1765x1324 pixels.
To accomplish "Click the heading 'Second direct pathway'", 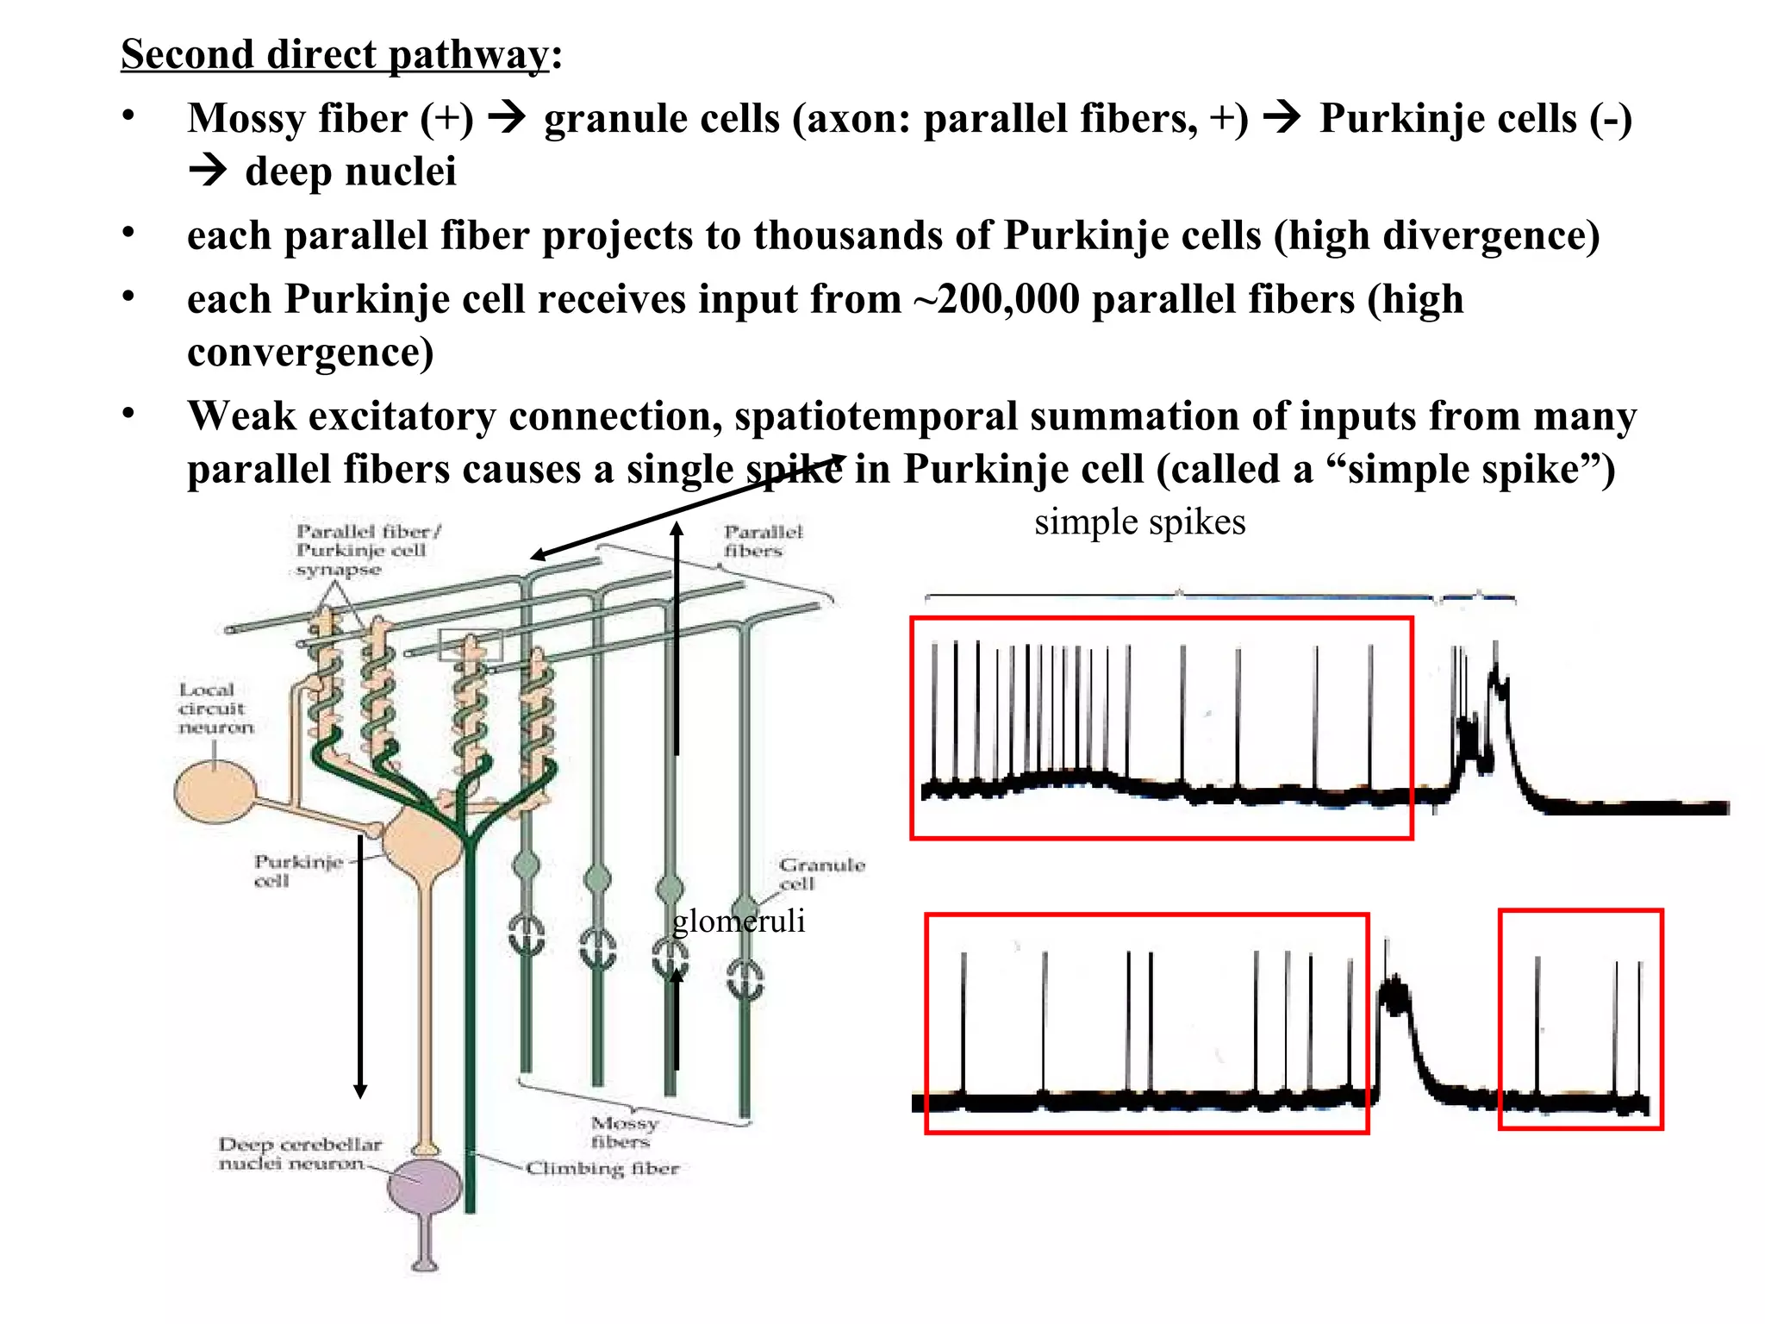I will point(334,54).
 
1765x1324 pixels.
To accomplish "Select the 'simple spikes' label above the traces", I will point(1139,522).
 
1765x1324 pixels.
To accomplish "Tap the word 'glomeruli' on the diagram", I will point(739,921).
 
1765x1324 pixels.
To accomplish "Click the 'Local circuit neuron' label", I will point(215,709).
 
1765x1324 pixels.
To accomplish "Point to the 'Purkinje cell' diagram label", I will point(297,871).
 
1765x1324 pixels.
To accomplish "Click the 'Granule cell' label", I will point(820,873).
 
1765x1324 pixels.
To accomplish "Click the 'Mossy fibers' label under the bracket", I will point(623,1132).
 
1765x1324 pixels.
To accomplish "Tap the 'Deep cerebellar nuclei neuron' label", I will point(299,1153).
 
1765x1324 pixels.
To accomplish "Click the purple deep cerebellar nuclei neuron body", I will point(424,1185).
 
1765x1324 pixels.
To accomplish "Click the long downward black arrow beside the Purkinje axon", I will point(360,965).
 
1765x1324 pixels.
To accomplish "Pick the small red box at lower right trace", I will point(1580,1019).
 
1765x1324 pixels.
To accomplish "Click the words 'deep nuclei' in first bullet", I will point(350,171).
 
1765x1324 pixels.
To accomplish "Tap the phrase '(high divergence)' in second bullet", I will point(1437,235).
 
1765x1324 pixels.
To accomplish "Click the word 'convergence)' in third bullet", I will point(310,353).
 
